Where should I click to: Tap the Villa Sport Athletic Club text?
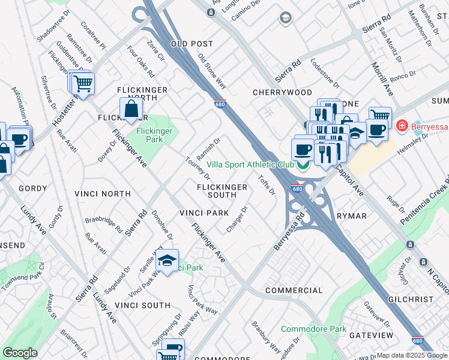[250, 164]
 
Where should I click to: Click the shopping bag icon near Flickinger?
[131, 110]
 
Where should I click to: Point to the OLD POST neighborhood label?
[192, 44]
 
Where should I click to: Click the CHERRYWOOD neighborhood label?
[282, 93]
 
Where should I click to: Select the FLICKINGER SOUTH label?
[222, 191]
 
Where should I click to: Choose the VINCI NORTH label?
[102, 194]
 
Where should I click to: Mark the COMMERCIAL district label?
[294, 290]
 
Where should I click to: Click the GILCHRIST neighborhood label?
[427, 299]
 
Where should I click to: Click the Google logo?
[20, 353]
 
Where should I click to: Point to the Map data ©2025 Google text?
[412, 355]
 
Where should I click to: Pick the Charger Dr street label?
[237, 220]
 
